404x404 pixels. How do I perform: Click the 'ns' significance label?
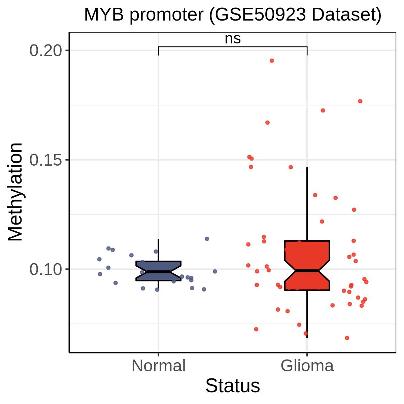233,39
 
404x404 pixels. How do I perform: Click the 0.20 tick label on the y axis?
46,51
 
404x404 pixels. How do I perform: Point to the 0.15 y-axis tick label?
46,160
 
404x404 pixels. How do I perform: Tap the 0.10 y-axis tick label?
46,269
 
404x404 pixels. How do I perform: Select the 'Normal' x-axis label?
159,366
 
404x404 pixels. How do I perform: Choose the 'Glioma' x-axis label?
307,366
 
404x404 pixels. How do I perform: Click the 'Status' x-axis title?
233,386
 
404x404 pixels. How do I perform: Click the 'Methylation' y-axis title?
15,192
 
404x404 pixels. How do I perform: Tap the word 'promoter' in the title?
166,15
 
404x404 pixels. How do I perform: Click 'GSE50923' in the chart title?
260,15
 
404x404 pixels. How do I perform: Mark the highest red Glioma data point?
272,61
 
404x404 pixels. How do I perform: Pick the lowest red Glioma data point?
347,338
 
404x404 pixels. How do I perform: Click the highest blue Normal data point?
207,239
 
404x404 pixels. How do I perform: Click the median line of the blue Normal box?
159,272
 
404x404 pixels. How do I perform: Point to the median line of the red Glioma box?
307,271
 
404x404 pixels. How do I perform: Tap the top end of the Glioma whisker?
307,168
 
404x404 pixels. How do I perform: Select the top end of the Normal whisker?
159,239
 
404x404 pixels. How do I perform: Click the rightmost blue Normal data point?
215,271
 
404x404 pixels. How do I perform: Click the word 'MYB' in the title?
104,15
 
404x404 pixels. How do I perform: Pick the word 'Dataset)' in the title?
346,15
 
